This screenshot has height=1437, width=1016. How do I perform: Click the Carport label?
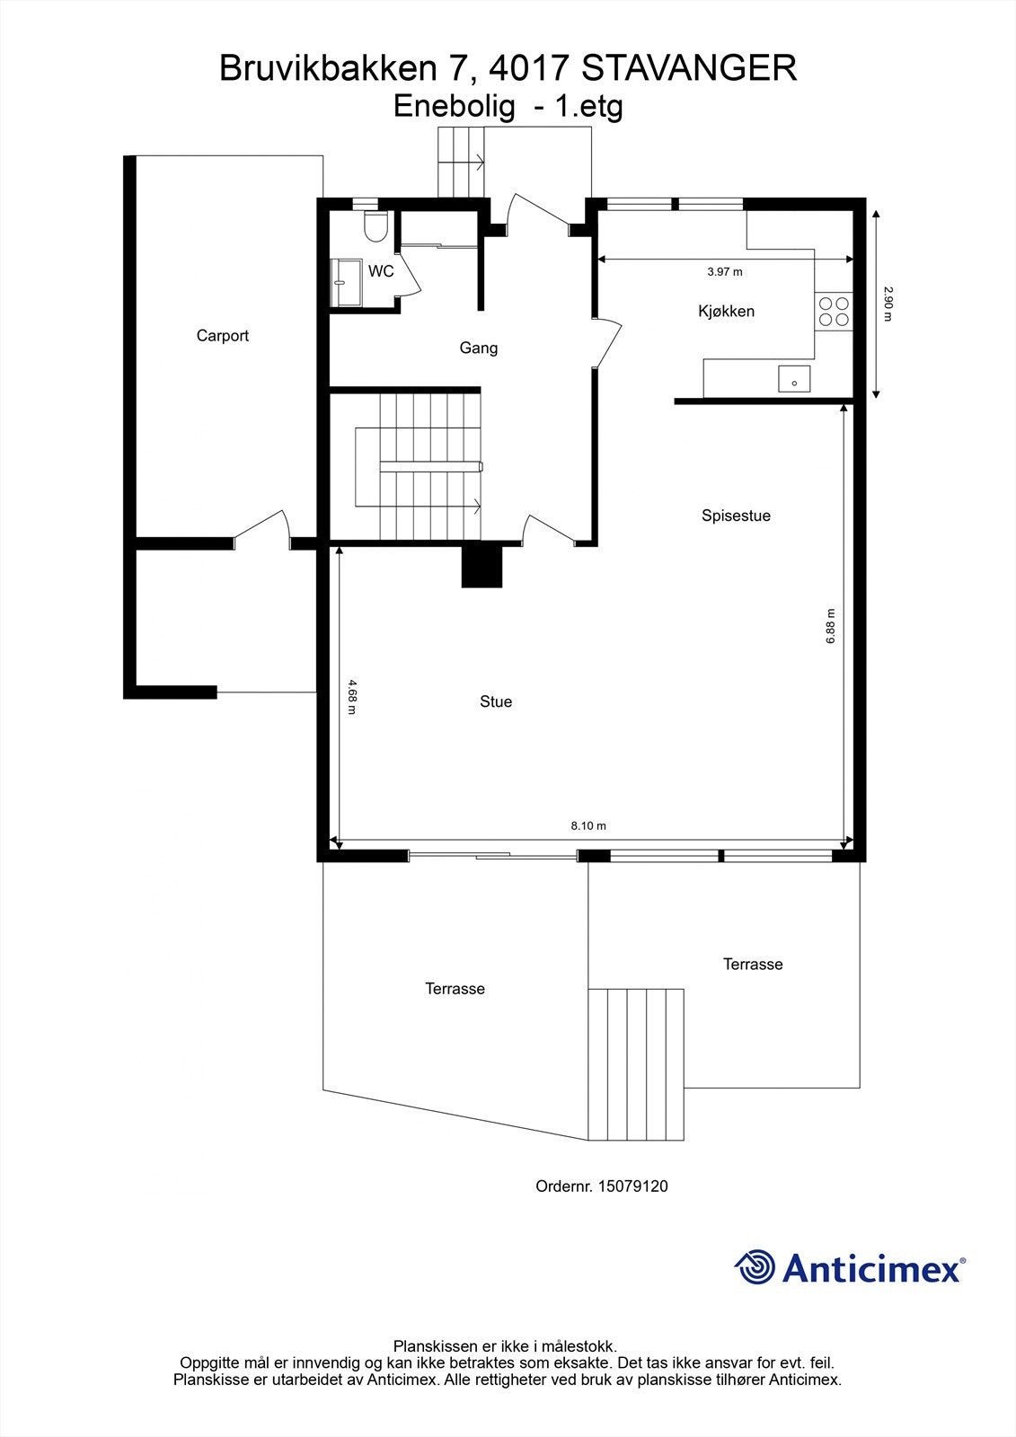[222, 336]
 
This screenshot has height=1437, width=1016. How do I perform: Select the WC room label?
[381, 271]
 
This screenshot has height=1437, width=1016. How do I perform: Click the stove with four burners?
[833, 311]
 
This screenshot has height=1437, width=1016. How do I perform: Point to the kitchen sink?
[794, 379]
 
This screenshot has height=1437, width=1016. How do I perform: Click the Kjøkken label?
[726, 312]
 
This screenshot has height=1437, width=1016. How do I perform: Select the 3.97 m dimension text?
[724, 271]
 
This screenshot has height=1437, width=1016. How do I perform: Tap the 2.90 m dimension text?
[888, 304]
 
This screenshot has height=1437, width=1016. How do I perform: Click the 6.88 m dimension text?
[831, 625]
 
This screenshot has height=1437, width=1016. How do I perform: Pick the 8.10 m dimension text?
[588, 826]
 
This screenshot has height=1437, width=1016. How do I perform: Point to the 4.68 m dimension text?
[351, 696]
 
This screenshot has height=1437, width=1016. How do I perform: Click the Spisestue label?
[736, 516]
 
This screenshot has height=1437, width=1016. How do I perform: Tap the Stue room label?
[495, 701]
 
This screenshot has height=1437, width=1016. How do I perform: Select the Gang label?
[478, 348]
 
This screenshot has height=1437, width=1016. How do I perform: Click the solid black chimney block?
[481, 567]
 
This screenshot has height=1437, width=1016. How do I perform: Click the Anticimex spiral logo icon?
[755, 1267]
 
